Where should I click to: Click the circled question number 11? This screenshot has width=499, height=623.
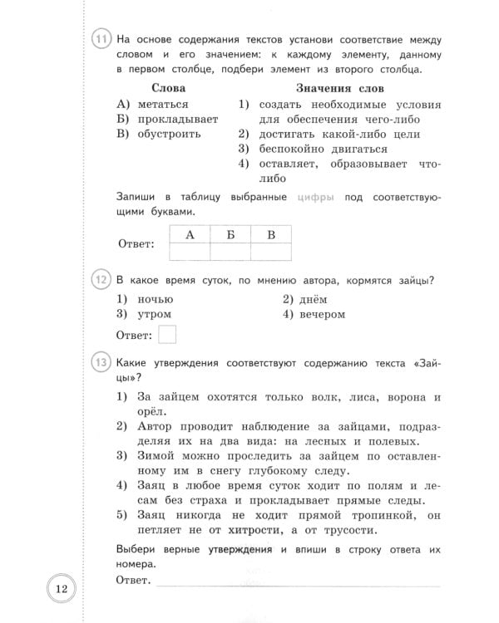tap(101, 40)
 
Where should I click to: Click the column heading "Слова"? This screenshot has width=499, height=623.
tap(169, 88)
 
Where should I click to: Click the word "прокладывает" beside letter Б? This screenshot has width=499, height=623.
tap(178, 119)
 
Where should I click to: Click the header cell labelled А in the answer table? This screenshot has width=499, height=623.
tap(190, 234)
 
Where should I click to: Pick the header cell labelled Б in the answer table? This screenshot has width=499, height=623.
tap(230, 234)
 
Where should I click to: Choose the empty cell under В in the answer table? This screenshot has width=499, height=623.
tap(271, 252)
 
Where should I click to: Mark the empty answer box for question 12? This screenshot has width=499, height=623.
tap(167, 335)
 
